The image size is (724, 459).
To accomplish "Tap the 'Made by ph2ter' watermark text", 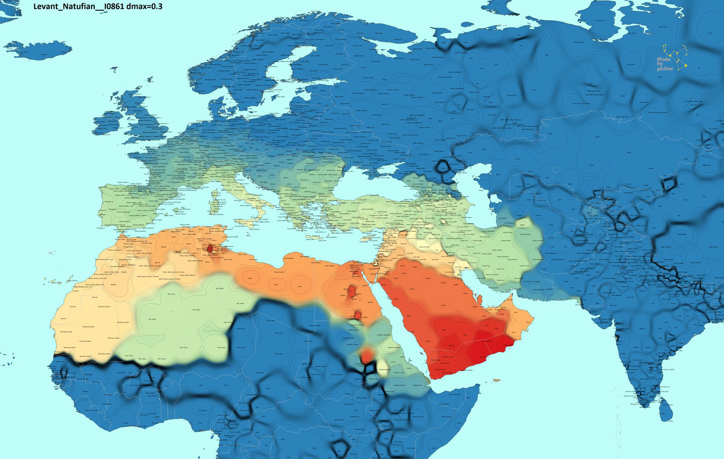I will pyautogui.click(x=665, y=64).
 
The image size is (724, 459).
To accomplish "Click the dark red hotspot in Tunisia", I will pyautogui.click(x=210, y=249).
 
